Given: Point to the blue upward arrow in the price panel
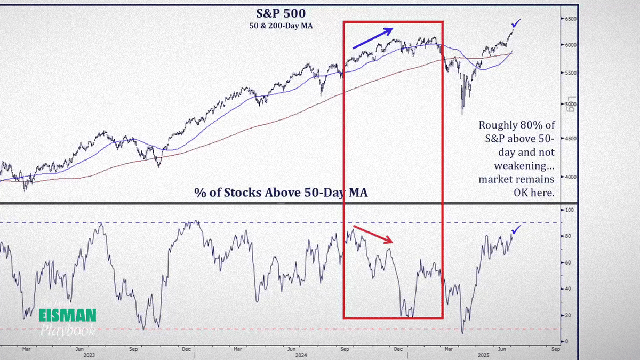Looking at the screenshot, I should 373,37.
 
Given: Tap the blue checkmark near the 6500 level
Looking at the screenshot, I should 516,23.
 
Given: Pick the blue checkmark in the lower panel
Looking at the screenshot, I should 516,230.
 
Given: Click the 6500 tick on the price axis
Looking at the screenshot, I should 572,19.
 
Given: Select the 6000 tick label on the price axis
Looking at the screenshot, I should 572,45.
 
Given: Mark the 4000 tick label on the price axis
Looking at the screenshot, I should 572,177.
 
